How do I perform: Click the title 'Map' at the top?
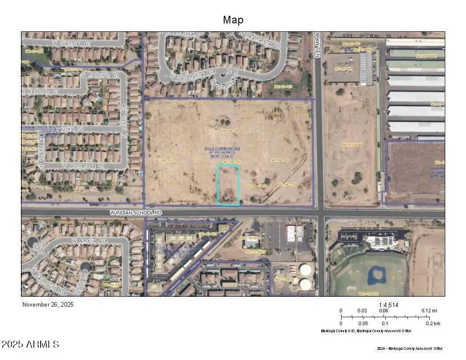point(233,20)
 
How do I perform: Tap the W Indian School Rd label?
point(136,213)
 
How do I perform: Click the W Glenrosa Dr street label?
point(71,43)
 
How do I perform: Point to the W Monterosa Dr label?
point(83,166)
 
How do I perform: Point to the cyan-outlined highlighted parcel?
point(228,184)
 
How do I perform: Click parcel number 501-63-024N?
point(352,145)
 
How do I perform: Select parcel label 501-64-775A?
point(287,184)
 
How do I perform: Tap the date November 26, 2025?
point(48,304)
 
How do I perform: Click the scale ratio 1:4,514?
point(388,305)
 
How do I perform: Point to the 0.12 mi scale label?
point(429,311)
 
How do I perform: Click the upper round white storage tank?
point(305,269)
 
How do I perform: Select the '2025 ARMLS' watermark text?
point(30,344)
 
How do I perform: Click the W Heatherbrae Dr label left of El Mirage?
point(182,34)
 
